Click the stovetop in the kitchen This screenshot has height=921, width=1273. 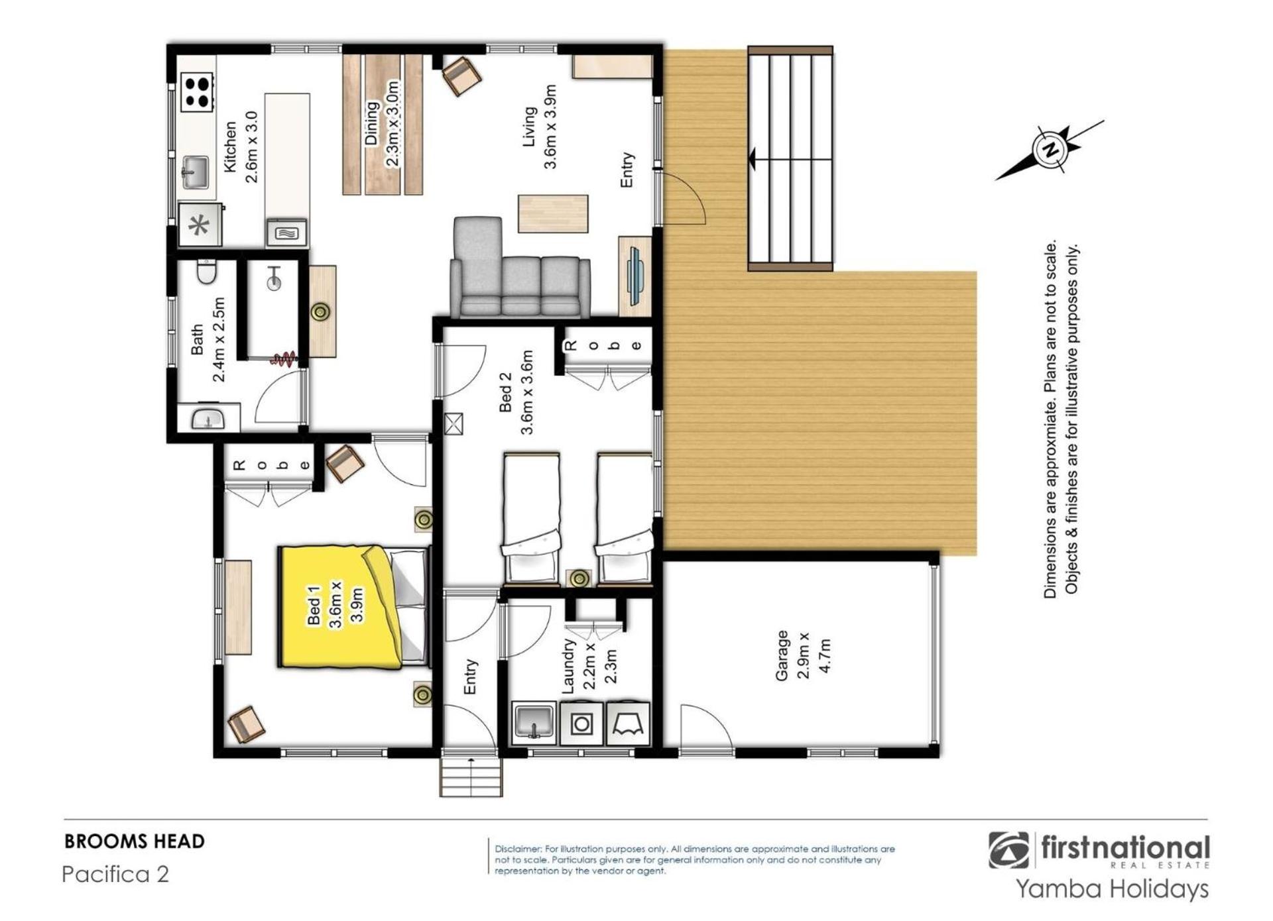pos(198,92)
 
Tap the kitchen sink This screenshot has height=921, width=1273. pos(194,172)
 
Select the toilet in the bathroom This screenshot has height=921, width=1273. pos(207,272)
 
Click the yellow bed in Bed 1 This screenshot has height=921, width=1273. pos(353,606)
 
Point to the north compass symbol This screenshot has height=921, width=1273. pos(1050,150)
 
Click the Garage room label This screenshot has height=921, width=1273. pos(782,655)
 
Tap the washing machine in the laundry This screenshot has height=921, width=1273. pos(581,723)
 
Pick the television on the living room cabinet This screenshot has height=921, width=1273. pos(636,276)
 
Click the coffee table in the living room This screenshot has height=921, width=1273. pos(553,213)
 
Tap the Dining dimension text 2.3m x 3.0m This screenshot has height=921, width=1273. pos(393,125)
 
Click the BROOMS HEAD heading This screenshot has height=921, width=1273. pos(135,841)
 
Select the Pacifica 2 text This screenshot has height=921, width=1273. pos(115,874)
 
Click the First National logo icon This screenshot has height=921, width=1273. pos(1008,850)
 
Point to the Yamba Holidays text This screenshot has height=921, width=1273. pos(1113,889)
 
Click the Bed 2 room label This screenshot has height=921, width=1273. pos(505,392)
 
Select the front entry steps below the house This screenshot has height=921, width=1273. pos(471,777)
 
